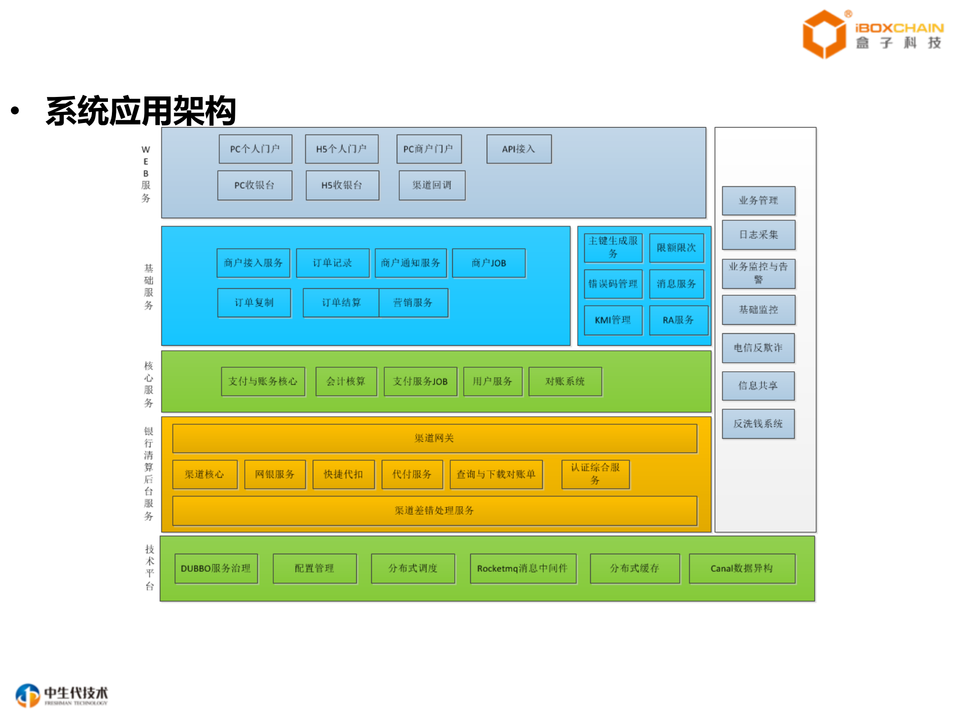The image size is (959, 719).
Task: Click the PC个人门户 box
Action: (255, 149)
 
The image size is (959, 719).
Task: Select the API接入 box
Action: (519, 149)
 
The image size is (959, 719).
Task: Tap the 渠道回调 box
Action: (432, 185)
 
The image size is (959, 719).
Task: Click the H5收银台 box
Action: (342, 185)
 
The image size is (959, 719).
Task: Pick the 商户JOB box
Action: (488, 263)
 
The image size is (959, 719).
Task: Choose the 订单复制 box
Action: (254, 303)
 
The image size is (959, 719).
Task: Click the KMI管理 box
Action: (613, 320)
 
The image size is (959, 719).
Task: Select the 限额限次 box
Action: (676, 248)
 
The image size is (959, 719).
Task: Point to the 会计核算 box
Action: (346, 382)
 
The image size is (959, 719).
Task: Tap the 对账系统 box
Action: (565, 382)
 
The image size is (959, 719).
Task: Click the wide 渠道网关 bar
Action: (434, 438)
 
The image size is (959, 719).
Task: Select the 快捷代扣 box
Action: (343, 474)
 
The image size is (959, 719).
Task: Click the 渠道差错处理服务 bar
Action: (434, 510)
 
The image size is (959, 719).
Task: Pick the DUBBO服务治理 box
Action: (216, 569)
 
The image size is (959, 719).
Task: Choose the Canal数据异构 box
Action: (742, 569)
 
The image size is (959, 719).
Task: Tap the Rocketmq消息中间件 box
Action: (523, 569)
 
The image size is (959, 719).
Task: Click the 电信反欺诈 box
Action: (758, 348)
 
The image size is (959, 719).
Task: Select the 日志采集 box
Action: (758, 235)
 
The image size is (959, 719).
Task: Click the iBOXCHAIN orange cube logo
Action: (824, 34)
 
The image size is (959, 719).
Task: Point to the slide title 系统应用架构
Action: (141, 111)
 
